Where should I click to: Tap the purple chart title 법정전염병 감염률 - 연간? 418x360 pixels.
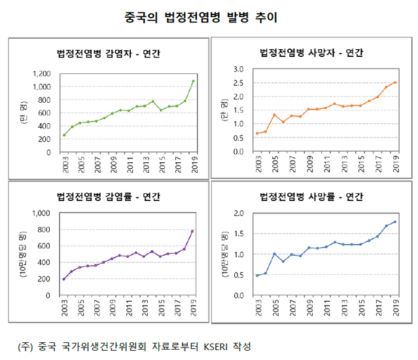coord(109,196)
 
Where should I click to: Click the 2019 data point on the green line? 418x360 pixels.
coord(193,81)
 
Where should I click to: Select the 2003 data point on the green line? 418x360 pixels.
coord(64,135)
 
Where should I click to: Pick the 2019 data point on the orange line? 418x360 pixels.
coord(395,82)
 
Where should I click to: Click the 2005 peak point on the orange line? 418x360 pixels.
coord(275,115)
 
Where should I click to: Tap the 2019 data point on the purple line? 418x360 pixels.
coord(193,231)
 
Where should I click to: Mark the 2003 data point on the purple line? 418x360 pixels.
coord(64,279)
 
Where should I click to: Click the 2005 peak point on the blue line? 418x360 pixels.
coord(275,253)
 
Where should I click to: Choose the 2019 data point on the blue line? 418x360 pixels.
coord(395,222)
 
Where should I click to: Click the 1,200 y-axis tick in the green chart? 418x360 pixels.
coord(41,73)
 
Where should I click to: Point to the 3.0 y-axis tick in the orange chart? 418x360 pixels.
coord(238,69)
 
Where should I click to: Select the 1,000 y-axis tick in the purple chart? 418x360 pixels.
coord(41,213)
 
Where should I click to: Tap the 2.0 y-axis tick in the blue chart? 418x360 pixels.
coord(238,213)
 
